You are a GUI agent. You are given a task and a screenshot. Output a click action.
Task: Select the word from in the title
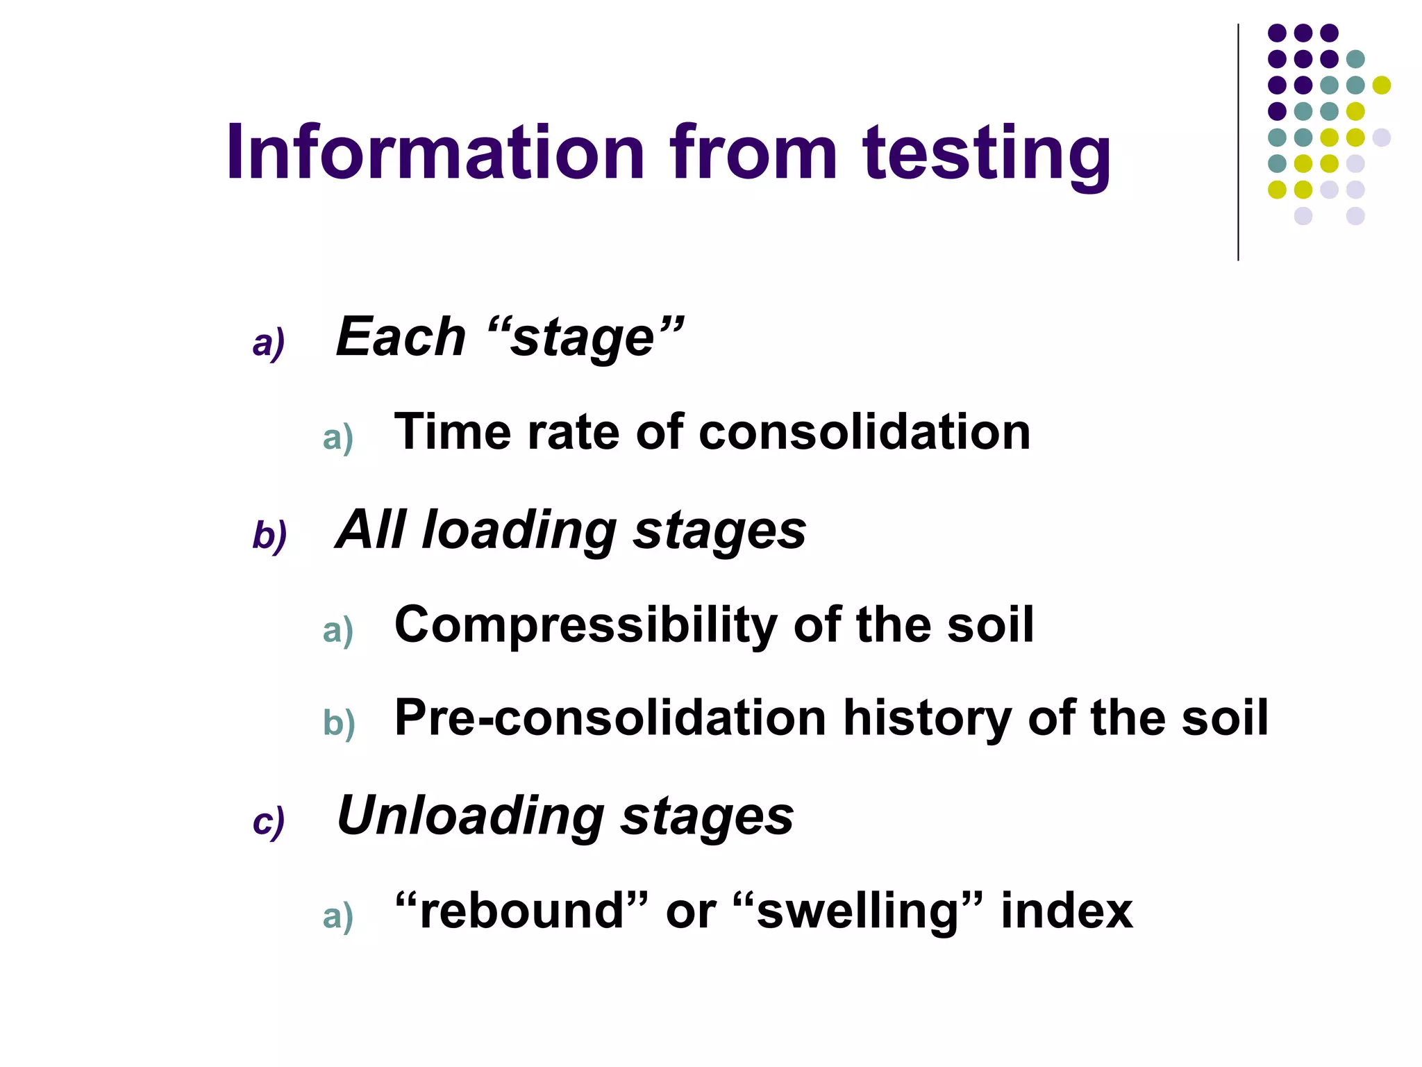click(753, 153)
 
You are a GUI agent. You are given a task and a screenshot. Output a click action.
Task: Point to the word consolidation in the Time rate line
click(864, 432)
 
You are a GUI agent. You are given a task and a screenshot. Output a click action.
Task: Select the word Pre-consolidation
click(610, 718)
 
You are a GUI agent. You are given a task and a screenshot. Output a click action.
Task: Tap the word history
click(926, 719)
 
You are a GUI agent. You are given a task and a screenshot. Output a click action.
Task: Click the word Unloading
click(470, 816)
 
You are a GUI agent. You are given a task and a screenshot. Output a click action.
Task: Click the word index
click(1066, 911)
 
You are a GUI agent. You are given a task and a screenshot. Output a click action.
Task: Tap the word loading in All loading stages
click(519, 531)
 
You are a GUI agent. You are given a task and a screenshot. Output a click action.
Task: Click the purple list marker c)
click(269, 822)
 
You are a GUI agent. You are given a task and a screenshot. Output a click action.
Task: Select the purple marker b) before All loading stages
click(269, 536)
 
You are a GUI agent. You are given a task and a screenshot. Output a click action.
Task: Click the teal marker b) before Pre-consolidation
click(339, 723)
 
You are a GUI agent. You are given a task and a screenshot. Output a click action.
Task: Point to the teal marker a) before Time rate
click(338, 438)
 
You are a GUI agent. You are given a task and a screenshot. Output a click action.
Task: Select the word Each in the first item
click(401, 338)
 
